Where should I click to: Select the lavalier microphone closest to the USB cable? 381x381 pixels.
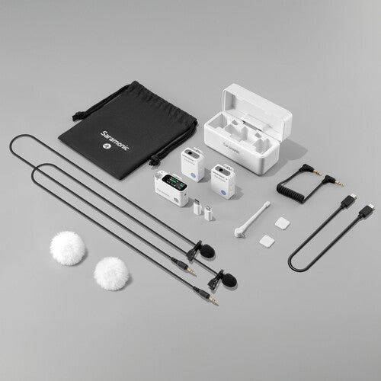(226, 280)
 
